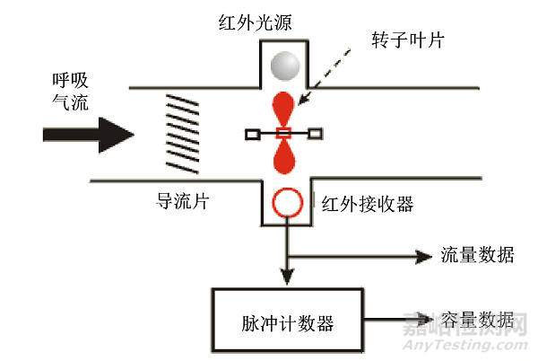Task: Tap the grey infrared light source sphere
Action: tap(284, 65)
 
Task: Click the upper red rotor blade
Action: tap(284, 106)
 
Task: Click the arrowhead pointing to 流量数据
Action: tap(422, 256)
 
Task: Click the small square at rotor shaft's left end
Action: tap(252, 134)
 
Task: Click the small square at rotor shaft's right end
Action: tap(315, 134)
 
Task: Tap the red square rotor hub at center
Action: tap(284, 133)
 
